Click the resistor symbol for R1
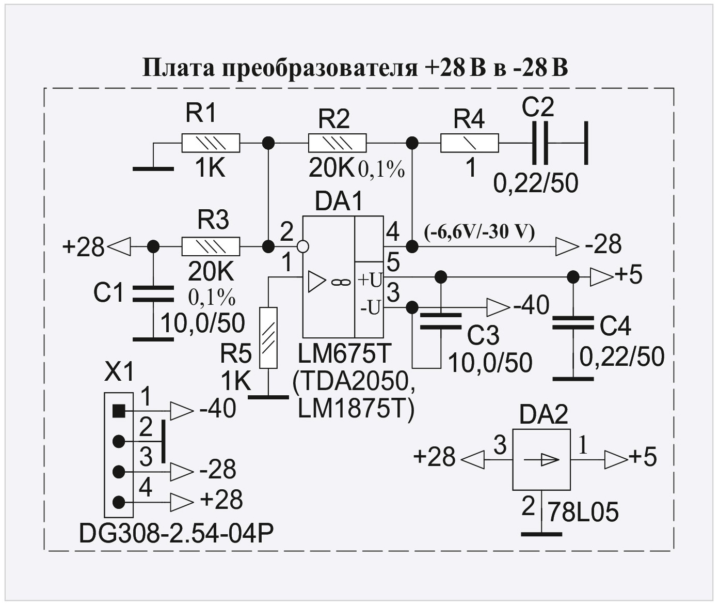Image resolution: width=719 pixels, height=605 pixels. click(x=211, y=143)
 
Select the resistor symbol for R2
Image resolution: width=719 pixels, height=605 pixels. click(x=337, y=143)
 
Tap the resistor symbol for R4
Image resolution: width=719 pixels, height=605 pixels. click(x=469, y=143)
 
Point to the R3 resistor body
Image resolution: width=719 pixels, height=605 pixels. click(x=211, y=246)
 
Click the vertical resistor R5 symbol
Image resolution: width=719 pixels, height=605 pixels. click(x=268, y=337)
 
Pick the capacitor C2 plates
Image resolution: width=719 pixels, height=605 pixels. click(x=540, y=143)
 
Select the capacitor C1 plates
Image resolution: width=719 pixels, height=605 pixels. click(x=153, y=293)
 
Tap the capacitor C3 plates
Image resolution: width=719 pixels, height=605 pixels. click(x=440, y=321)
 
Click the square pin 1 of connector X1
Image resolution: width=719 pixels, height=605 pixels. click(x=119, y=411)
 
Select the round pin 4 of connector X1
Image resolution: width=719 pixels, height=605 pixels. click(x=119, y=501)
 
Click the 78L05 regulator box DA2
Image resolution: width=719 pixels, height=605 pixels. click(x=541, y=459)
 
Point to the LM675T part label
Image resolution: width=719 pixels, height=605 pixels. click(x=345, y=355)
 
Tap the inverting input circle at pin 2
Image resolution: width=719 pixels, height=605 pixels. click(x=303, y=246)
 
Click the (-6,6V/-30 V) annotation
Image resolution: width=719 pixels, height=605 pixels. click(x=479, y=232)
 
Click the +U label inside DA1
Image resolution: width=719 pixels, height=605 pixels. click(x=370, y=281)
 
